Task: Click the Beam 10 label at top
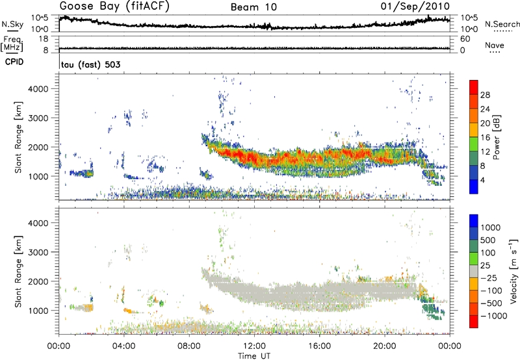tap(255, 7)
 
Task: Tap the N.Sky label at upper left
tap(11, 24)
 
